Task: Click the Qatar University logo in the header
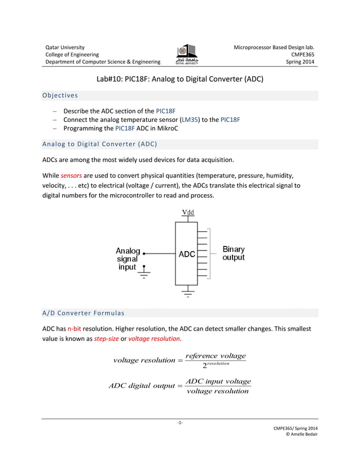187,55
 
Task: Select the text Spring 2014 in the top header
301,62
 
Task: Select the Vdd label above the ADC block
188,212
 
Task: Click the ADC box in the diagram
187,254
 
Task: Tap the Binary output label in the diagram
234,253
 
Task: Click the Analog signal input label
128,259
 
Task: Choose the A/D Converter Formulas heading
84,313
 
